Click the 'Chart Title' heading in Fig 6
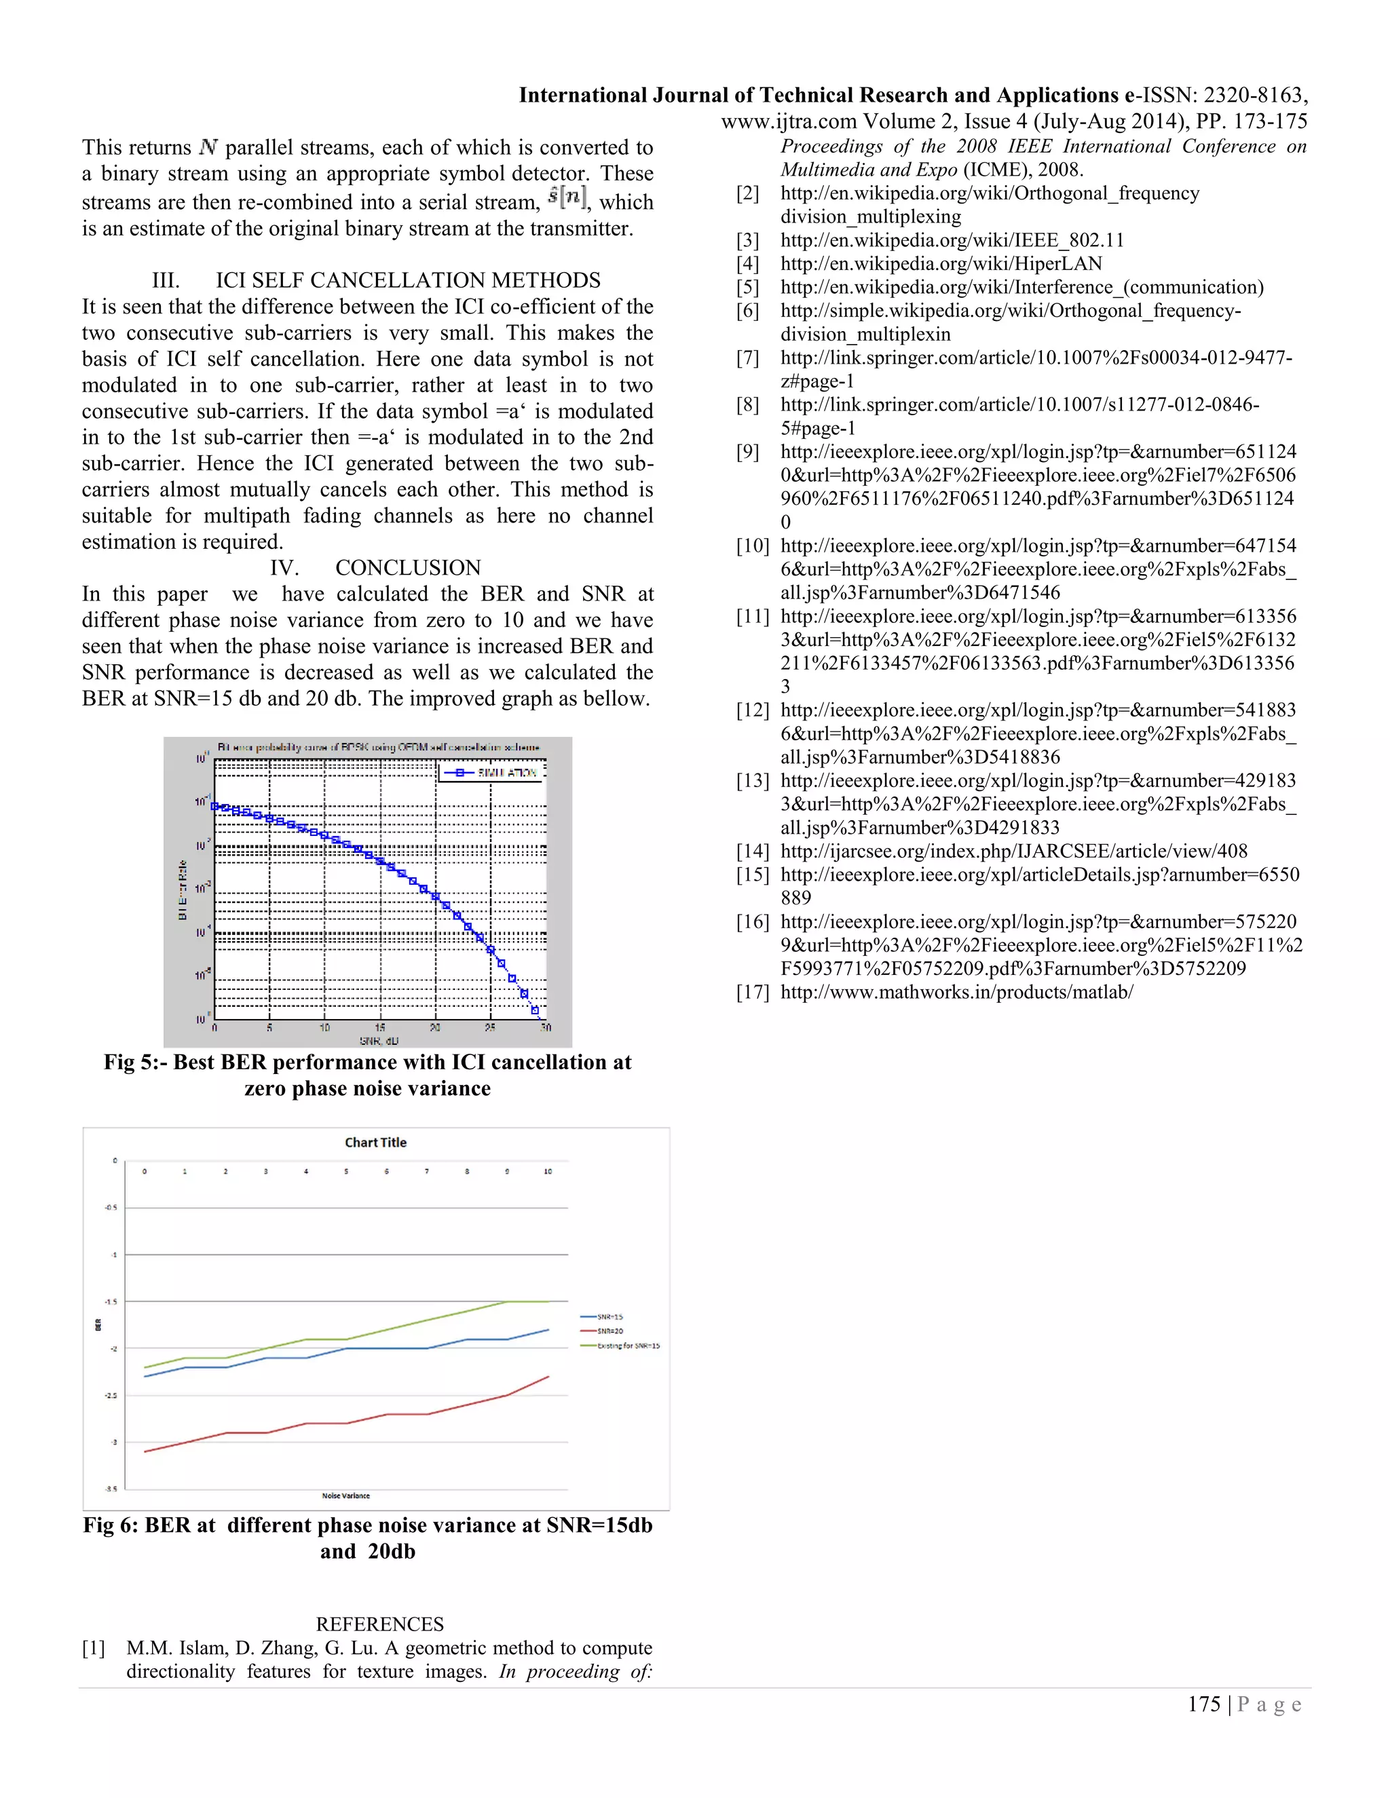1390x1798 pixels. (375, 1142)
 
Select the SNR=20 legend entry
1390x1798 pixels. (609, 1331)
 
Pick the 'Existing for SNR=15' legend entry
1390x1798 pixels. (628, 1345)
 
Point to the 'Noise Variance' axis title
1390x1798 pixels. (346, 1495)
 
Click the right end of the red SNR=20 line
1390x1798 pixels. (548, 1377)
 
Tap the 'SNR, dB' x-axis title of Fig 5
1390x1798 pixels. (379, 1041)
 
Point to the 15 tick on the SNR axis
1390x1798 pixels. (379, 1027)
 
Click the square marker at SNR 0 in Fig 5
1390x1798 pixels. (215, 806)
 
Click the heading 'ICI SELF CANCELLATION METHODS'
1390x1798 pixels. (408, 280)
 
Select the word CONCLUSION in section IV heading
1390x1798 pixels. (408, 567)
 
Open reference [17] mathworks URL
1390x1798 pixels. (956, 991)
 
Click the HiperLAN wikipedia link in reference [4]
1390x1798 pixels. (941, 263)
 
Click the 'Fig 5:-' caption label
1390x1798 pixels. (134, 1062)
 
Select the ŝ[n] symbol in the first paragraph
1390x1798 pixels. (567, 197)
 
